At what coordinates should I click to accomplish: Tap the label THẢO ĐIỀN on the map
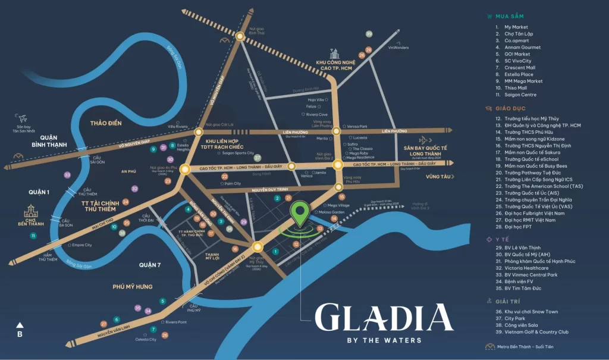[x=105, y=123]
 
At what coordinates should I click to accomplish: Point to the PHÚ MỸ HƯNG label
[x=133, y=286]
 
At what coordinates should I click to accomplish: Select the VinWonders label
[x=398, y=48]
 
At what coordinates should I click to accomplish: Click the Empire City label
[x=81, y=245]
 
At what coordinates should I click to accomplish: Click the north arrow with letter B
[x=20, y=329]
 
